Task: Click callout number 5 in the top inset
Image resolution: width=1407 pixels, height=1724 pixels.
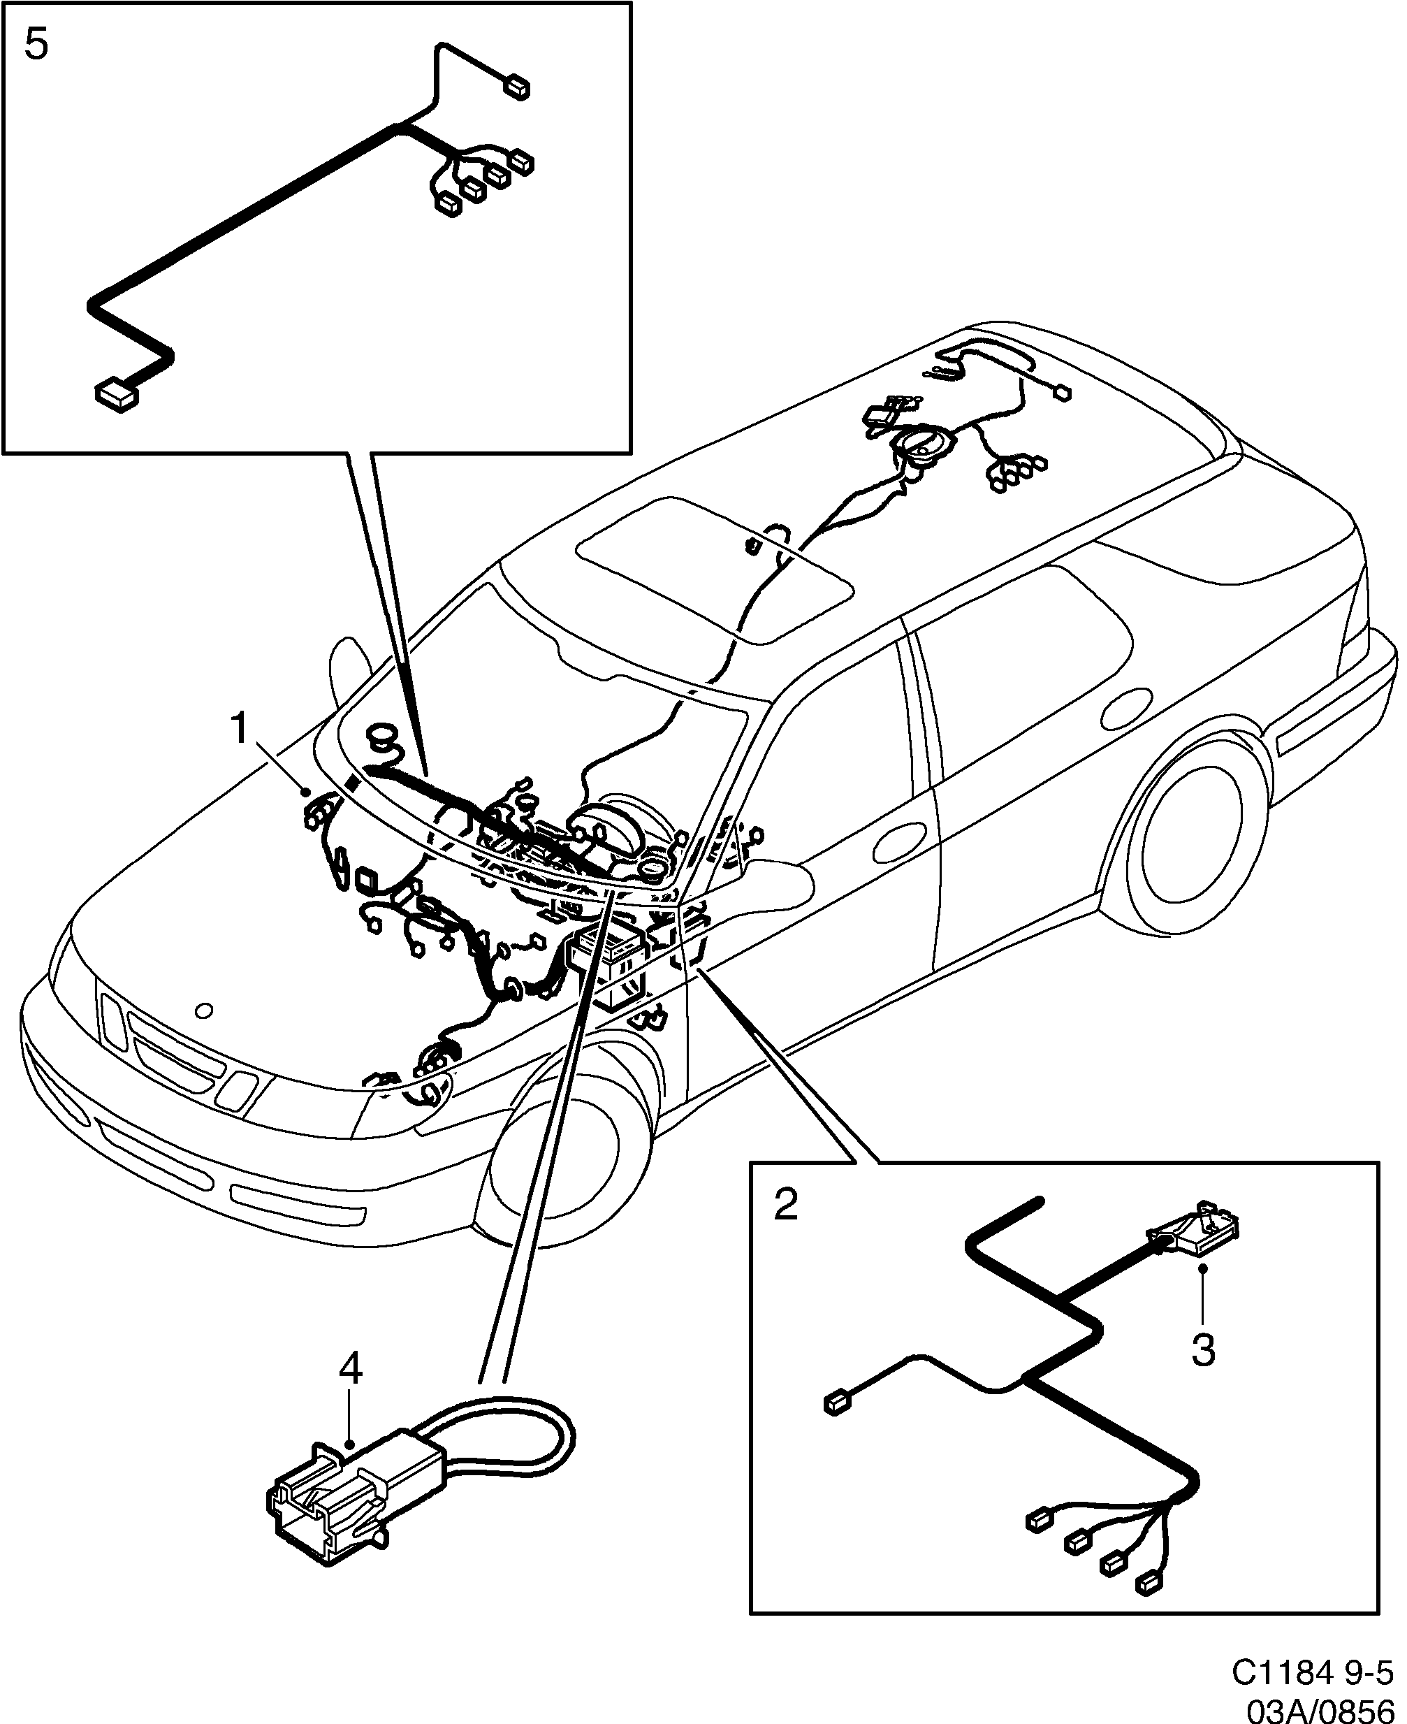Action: pyautogui.click(x=36, y=45)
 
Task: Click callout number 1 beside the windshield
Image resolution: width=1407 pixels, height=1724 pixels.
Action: pyautogui.click(x=239, y=729)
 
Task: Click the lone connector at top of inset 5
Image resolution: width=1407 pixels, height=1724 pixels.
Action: pyautogui.click(x=517, y=87)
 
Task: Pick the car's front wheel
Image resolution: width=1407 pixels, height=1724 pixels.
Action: pyautogui.click(x=559, y=1155)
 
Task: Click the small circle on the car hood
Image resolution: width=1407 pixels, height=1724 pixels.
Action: pyautogui.click(x=204, y=1011)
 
